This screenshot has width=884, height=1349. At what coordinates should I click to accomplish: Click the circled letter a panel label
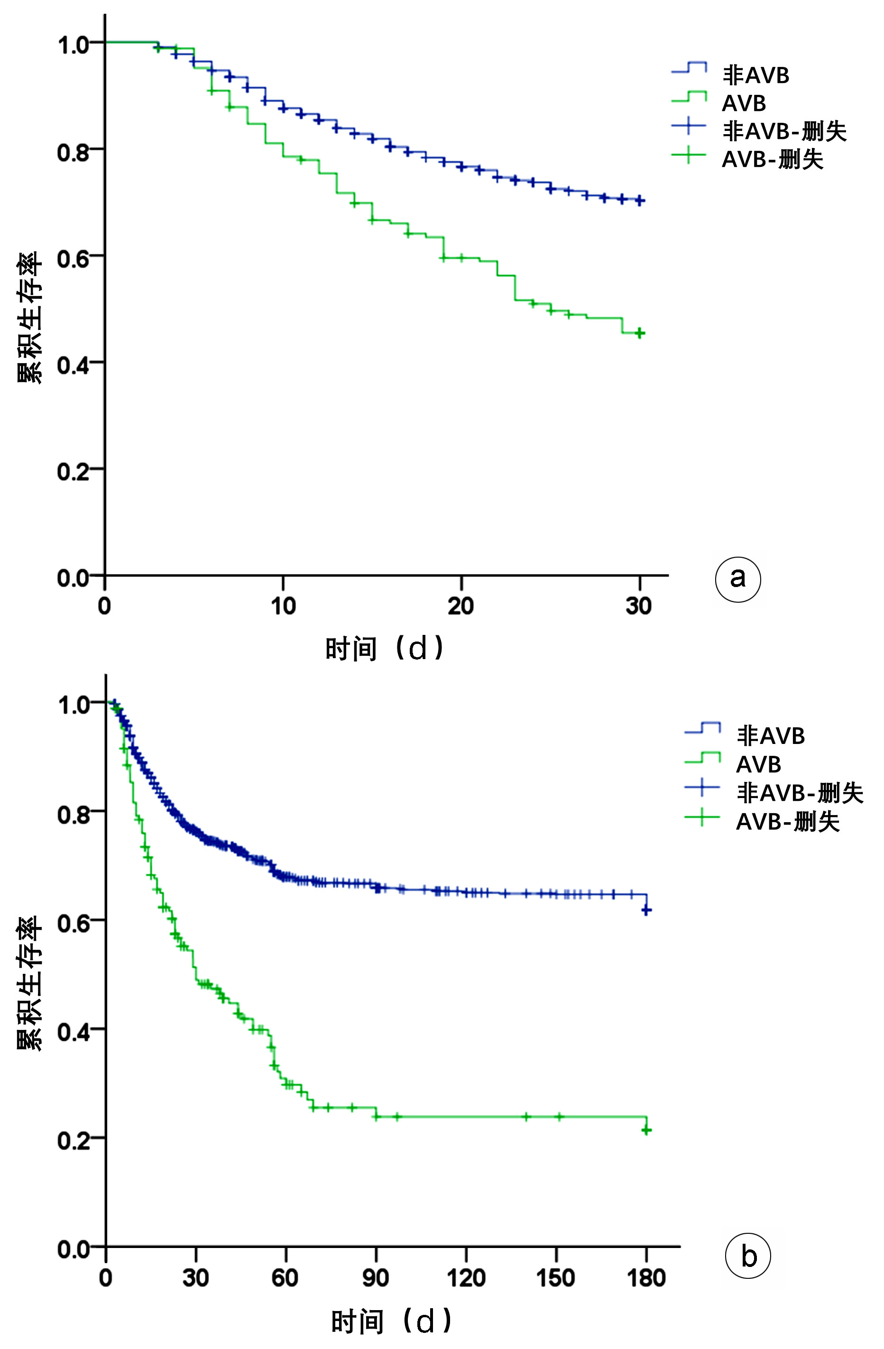coord(737,578)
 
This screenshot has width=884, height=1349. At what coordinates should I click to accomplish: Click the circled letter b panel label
coord(748,1256)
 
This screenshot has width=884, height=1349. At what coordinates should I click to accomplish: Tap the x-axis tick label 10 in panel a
coord(283,606)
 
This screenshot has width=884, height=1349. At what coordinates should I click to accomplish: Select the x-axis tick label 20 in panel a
coord(461,606)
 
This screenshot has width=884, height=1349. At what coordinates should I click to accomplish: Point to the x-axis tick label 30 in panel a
coord(639,606)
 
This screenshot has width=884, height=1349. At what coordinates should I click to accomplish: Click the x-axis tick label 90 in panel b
coord(376,1277)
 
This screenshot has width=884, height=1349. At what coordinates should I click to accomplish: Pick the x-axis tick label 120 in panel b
coord(466,1277)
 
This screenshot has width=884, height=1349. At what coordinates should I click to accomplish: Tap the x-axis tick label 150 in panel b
coord(555,1277)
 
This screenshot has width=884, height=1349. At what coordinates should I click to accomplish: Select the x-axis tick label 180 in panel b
coord(646,1277)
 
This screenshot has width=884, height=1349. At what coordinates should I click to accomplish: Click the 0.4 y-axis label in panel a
coord(73,365)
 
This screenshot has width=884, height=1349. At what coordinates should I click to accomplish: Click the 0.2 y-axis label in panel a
coord(73,471)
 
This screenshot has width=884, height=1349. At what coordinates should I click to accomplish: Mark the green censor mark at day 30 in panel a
coord(640,333)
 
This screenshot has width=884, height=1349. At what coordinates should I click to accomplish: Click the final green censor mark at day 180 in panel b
coord(646,1131)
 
